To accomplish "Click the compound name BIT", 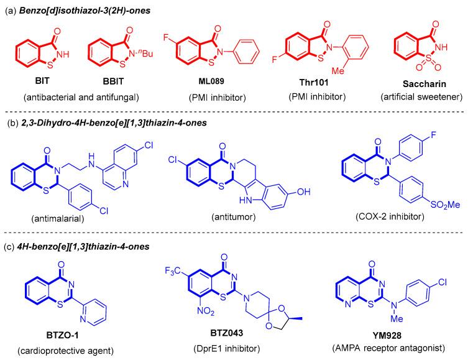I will pos(35,81).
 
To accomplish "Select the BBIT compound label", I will pos(113,81).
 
